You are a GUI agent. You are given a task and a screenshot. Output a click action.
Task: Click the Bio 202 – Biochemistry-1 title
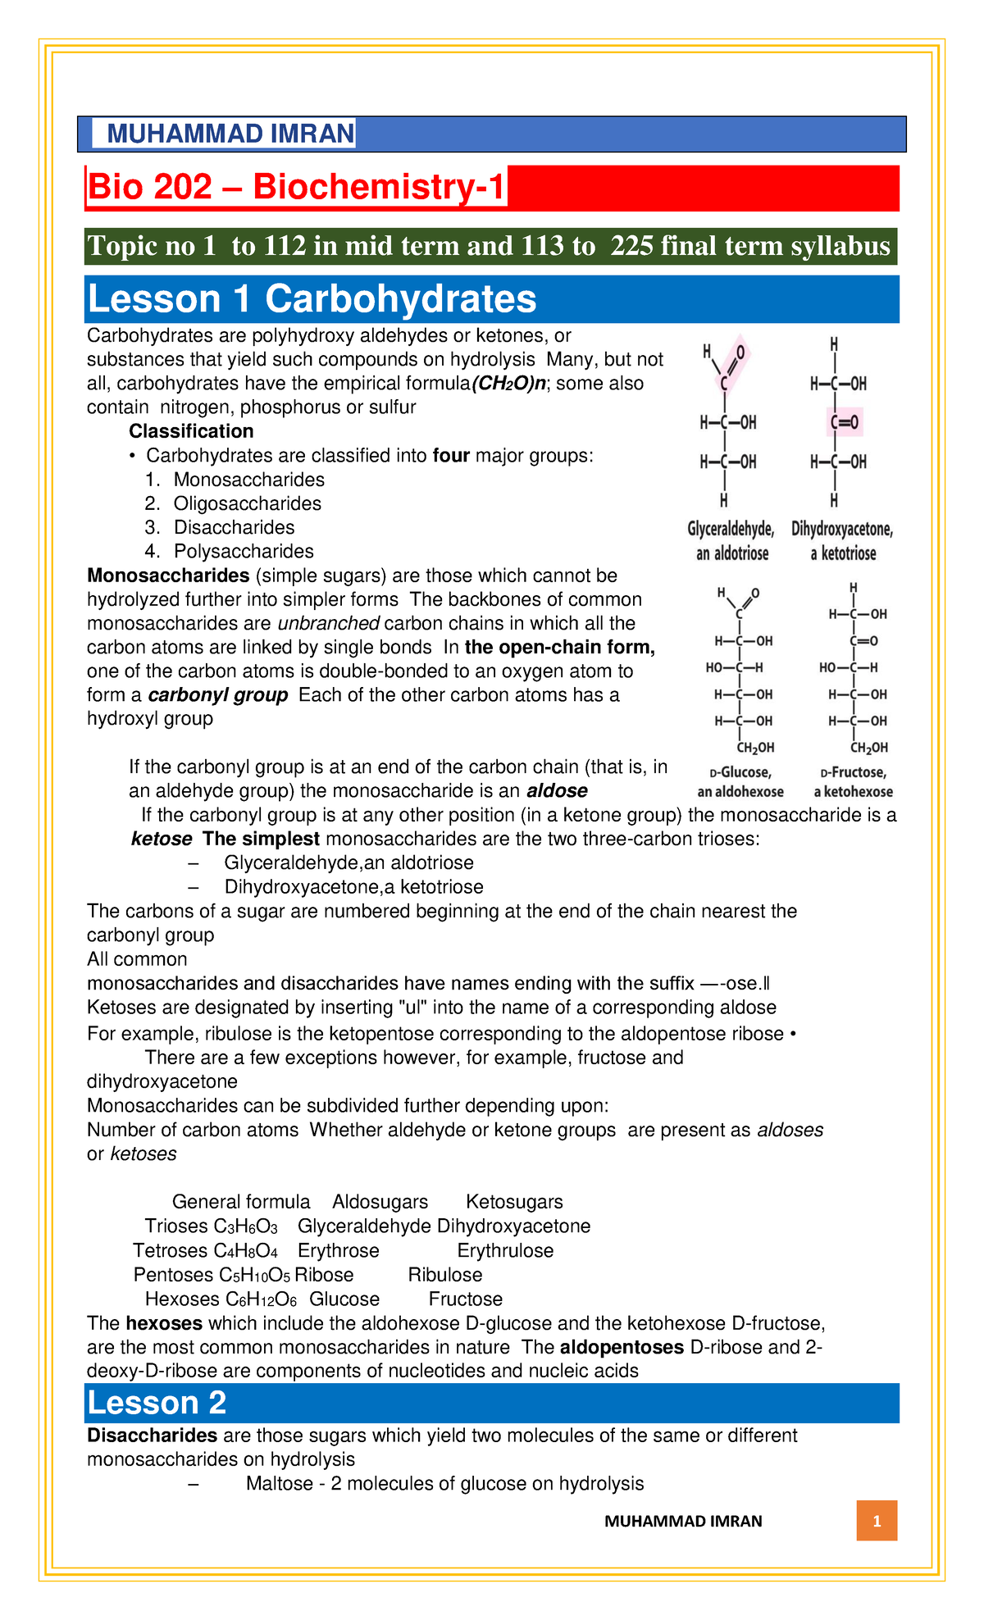click(x=296, y=188)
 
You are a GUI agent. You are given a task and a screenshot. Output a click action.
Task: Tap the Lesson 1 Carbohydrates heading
click(x=312, y=299)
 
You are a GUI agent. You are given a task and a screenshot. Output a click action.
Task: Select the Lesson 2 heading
click(x=157, y=1403)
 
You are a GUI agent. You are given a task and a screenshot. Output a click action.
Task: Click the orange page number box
click(x=877, y=1522)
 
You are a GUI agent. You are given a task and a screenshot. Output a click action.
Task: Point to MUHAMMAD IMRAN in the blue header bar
click(x=230, y=134)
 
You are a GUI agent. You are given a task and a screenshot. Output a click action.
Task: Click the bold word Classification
click(x=191, y=431)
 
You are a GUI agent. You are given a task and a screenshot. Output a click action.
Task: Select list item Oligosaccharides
click(x=247, y=503)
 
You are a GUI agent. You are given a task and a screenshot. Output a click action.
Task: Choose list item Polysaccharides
click(x=244, y=551)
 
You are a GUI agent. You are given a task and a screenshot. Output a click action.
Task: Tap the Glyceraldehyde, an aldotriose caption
click(x=731, y=542)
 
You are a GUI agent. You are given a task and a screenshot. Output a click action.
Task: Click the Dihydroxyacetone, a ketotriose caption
click(x=842, y=542)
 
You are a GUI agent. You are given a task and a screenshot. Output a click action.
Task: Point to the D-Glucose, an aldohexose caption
click(x=740, y=782)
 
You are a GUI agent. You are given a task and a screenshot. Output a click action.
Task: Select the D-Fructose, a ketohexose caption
click(x=853, y=782)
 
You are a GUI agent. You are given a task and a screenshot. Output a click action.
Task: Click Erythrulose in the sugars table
click(x=505, y=1250)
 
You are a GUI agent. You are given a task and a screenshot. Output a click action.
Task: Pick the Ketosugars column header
click(x=514, y=1202)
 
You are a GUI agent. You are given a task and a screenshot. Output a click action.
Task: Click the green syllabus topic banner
click(x=490, y=247)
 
